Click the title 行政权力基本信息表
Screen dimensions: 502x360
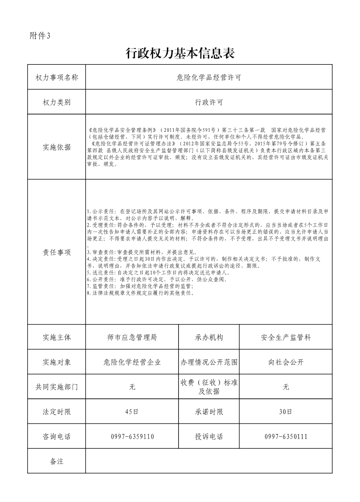(x=180, y=54)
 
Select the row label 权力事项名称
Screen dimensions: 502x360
(x=57, y=77)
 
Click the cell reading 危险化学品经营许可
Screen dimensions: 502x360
(x=209, y=77)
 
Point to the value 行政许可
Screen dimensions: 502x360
(x=209, y=102)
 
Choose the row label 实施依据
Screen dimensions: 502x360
(x=57, y=147)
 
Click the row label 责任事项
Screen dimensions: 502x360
(x=57, y=252)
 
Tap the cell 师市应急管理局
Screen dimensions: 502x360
(x=132, y=338)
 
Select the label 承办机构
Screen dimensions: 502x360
(x=209, y=338)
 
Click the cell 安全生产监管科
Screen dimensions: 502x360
(x=286, y=338)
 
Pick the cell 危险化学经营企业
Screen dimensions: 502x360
(x=132, y=362)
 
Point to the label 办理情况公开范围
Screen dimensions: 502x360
(x=209, y=362)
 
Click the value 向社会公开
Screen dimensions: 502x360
(x=286, y=362)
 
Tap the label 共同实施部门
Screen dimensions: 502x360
(x=57, y=387)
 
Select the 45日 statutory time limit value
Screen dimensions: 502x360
(x=132, y=412)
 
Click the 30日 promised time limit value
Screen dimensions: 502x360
(x=286, y=412)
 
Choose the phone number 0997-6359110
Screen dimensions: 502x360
(x=132, y=437)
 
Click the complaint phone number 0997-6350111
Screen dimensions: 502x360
(x=286, y=437)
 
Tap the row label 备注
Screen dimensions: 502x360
(x=57, y=461)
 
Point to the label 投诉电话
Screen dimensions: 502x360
(x=209, y=437)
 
